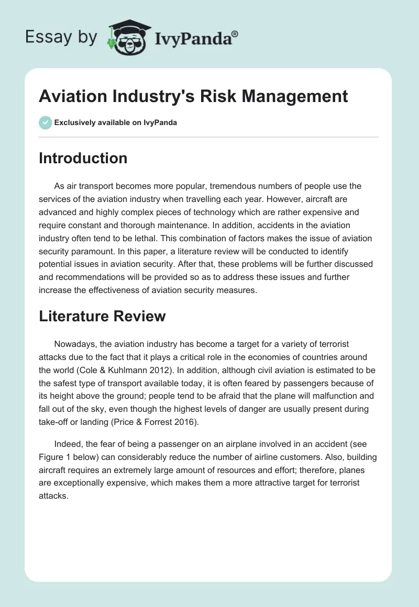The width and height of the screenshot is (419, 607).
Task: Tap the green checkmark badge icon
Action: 45,122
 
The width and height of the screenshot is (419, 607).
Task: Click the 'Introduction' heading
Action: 83,158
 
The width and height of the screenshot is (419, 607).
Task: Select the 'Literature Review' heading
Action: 102,316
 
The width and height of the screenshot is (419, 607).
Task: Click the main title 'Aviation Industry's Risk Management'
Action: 193,96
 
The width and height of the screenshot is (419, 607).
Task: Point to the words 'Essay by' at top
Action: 61,37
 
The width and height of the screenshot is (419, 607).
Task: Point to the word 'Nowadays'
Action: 73,344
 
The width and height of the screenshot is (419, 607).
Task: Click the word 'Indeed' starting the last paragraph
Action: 66,445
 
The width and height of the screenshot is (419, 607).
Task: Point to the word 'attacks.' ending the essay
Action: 53,495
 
